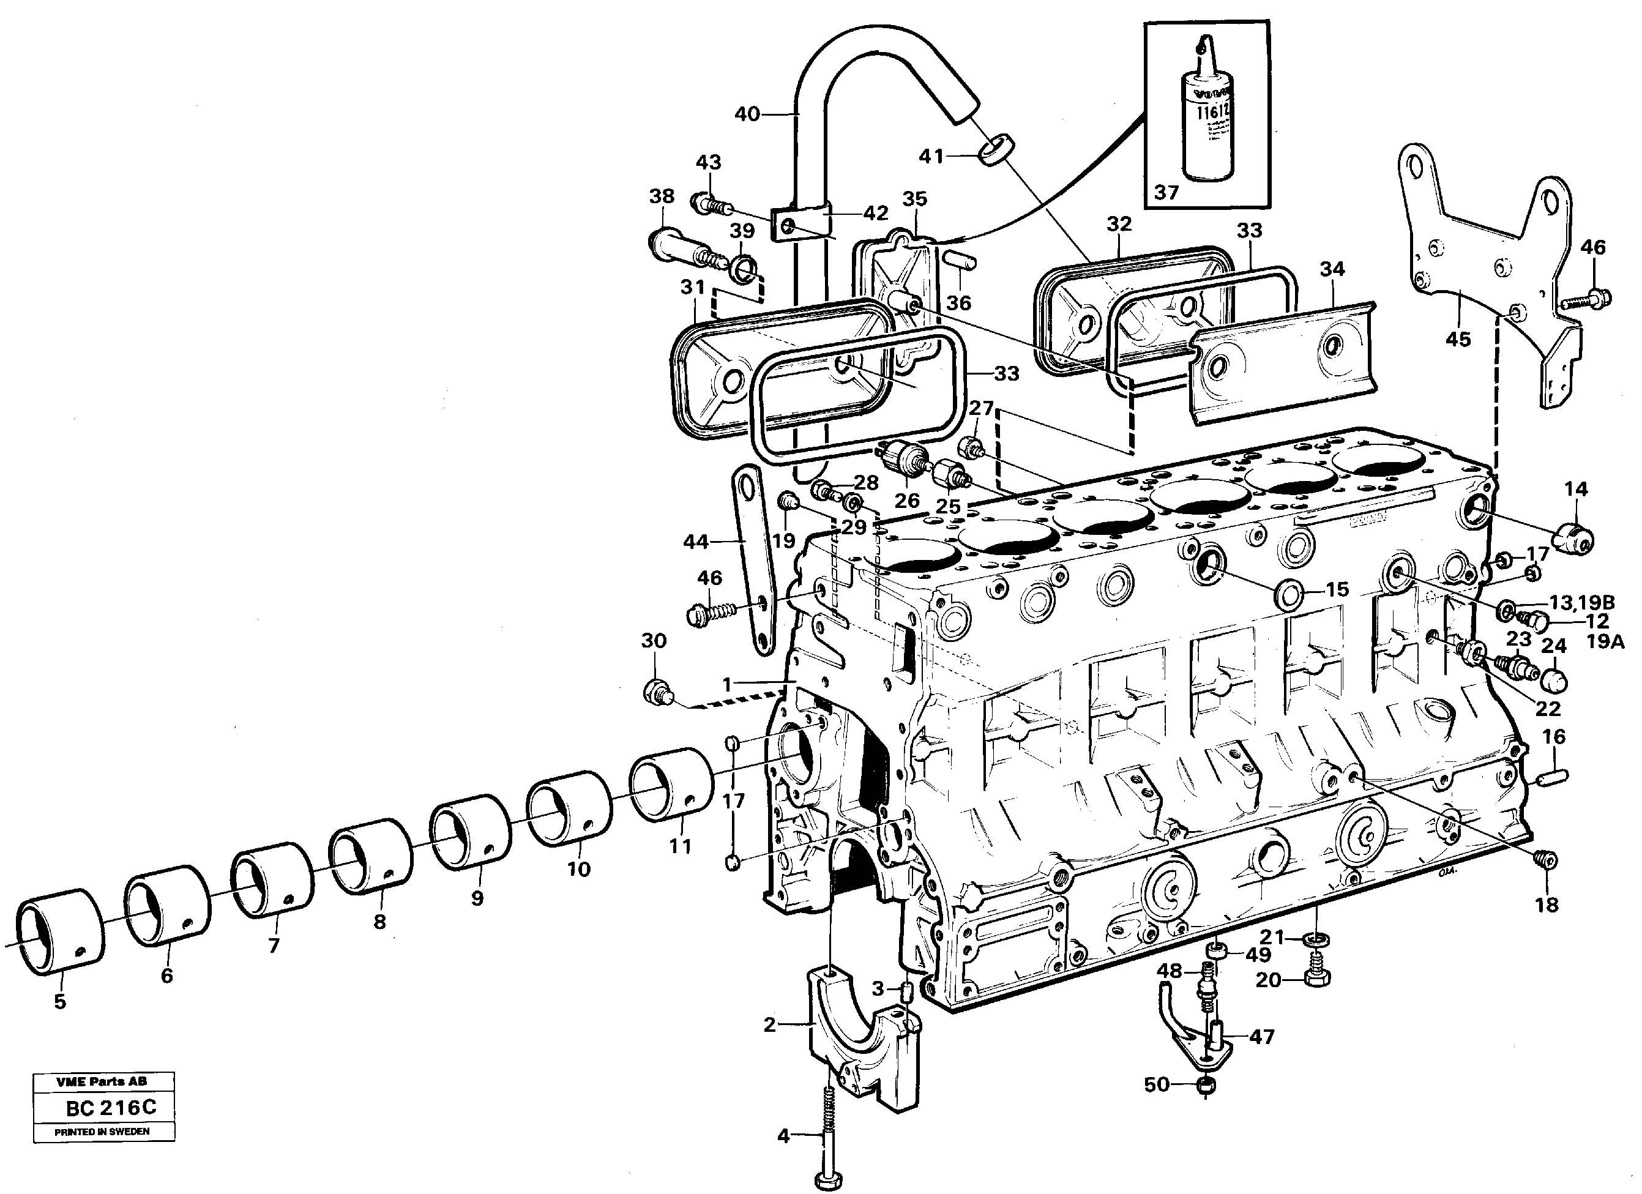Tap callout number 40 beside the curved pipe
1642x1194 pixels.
747,114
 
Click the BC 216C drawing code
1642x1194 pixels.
111,1108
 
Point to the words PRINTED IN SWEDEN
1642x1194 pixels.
102,1132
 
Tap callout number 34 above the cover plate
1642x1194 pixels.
1332,269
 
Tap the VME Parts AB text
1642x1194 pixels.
102,1081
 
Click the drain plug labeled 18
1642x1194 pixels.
1543,860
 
